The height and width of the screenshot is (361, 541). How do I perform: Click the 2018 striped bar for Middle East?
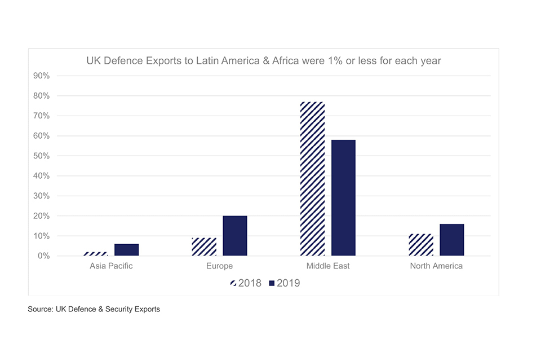pos(312,179)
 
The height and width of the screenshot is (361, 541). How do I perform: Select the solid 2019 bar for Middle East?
pos(343,198)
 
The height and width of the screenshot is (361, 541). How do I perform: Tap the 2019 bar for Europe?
pos(234,236)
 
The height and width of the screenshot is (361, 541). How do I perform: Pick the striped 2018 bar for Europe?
pos(204,246)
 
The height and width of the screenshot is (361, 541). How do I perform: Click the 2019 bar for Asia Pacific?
pos(126,250)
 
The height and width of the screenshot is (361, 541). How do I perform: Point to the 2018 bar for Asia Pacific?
pos(96,254)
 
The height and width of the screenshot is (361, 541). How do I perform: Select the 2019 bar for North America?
pos(451,240)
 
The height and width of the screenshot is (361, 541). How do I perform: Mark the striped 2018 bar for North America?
pos(421,245)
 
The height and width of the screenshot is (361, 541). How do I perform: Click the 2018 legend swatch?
pos(232,283)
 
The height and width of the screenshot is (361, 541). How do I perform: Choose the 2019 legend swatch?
pos(270,283)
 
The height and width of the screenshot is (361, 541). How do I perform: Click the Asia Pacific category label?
pos(111,266)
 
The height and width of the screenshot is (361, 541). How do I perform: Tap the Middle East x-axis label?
pos(328,266)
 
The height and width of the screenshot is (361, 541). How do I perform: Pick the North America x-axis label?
pos(436,266)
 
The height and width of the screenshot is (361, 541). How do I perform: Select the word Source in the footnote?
pos(39,309)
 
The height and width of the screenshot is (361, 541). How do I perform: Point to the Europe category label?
pos(219,266)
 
